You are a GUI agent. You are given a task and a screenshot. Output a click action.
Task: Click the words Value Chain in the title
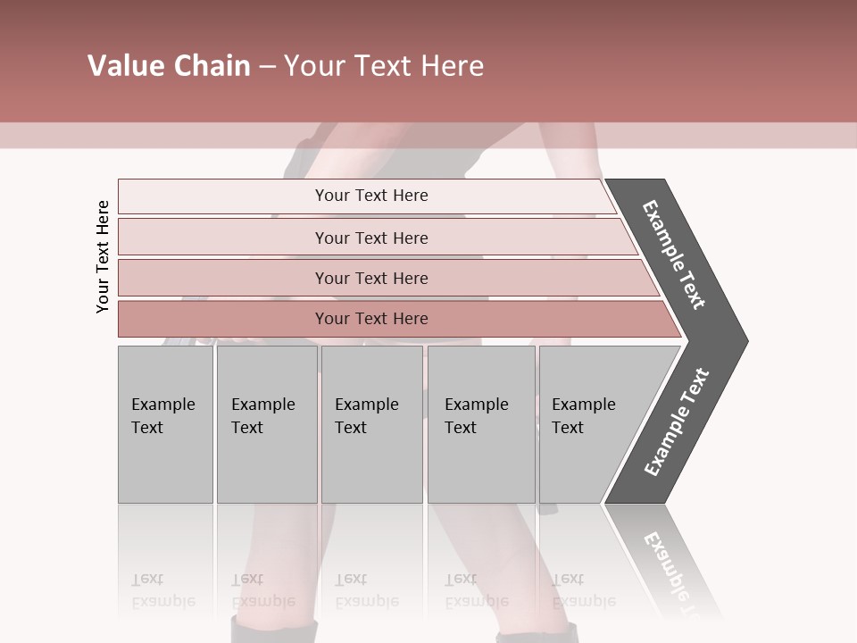(169, 66)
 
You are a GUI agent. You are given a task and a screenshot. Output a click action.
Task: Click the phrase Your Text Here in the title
(384, 66)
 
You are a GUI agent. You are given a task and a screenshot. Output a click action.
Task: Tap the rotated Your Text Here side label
(103, 256)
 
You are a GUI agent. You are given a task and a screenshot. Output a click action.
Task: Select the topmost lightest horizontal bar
(371, 196)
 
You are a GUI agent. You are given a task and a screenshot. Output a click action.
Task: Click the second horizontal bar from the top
(371, 238)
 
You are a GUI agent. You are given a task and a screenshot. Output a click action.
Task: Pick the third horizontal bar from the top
(371, 278)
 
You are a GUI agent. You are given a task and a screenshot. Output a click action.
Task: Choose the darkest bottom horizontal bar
(371, 319)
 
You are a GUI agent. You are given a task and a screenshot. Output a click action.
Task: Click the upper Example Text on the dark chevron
(674, 255)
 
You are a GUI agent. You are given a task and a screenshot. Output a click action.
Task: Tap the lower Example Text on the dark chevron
(676, 422)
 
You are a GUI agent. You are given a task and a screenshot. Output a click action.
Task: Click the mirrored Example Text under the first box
(162, 590)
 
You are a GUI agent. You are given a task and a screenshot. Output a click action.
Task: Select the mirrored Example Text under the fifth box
(583, 590)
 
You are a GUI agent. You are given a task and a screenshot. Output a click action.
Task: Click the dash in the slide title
(267, 67)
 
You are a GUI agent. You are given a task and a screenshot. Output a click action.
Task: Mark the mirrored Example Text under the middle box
(366, 590)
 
